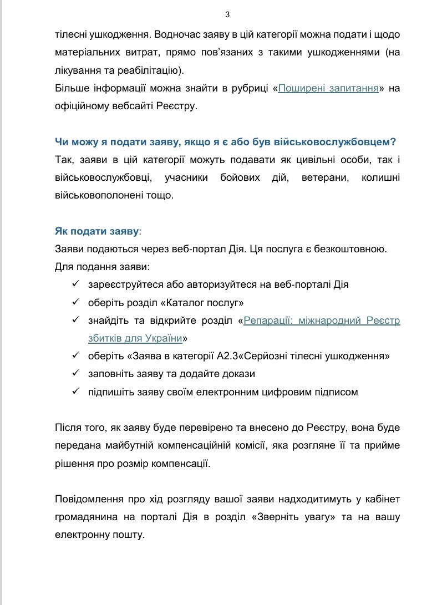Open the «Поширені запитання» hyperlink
click(x=328, y=88)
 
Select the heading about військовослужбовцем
click(x=225, y=142)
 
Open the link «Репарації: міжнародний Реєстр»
click(x=322, y=321)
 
